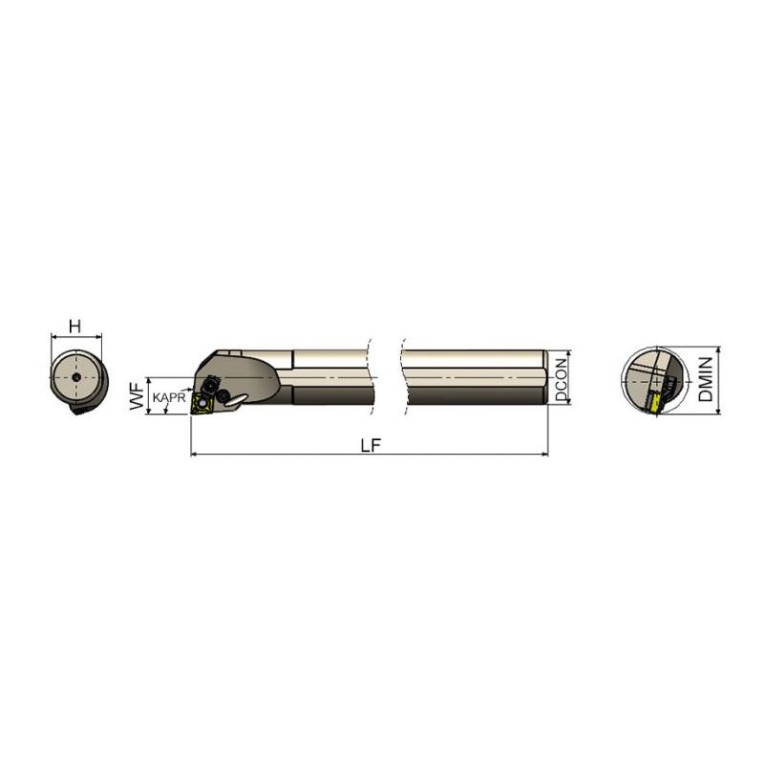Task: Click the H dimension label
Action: (75, 326)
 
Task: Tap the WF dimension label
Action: (138, 396)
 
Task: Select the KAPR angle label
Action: (169, 397)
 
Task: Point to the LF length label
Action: (371, 445)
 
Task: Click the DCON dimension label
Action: (562, 379)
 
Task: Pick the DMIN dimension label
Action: (706, 379)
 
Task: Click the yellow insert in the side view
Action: (202, 403)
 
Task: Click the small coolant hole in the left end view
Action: (76, 377)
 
